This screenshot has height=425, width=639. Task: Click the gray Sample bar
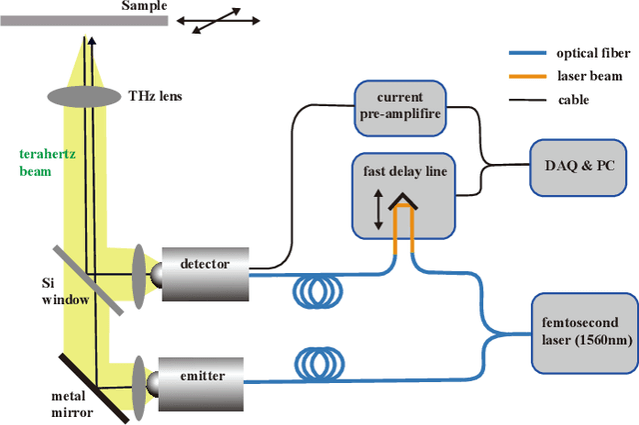click(85, 21)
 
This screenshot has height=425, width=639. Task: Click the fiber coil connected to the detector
click(317, 293)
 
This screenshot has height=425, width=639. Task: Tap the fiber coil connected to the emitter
click(317, 367)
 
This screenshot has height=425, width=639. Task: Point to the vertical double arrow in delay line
click(377, 214)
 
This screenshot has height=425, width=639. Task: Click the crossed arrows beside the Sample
click(221, 21)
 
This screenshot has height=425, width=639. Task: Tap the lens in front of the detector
click(139, 272)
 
